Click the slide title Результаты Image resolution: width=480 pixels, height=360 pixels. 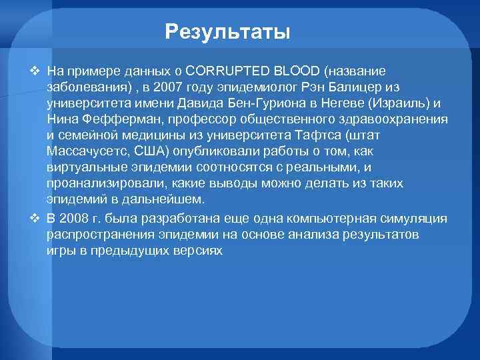tap(228, 31)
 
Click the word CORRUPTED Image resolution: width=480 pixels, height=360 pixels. tap(223, 71)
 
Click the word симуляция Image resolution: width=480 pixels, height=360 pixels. tap(418, 219)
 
